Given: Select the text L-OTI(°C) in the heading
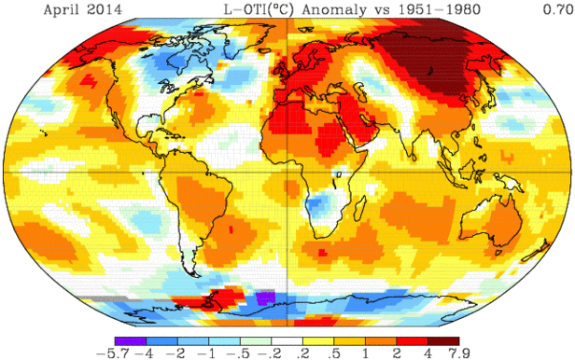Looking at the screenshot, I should coord(256,8).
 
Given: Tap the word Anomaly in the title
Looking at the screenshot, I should coord(343,8).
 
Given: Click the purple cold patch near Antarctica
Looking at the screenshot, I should coord(265,298).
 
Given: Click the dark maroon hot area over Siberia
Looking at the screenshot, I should coord(429,51).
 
